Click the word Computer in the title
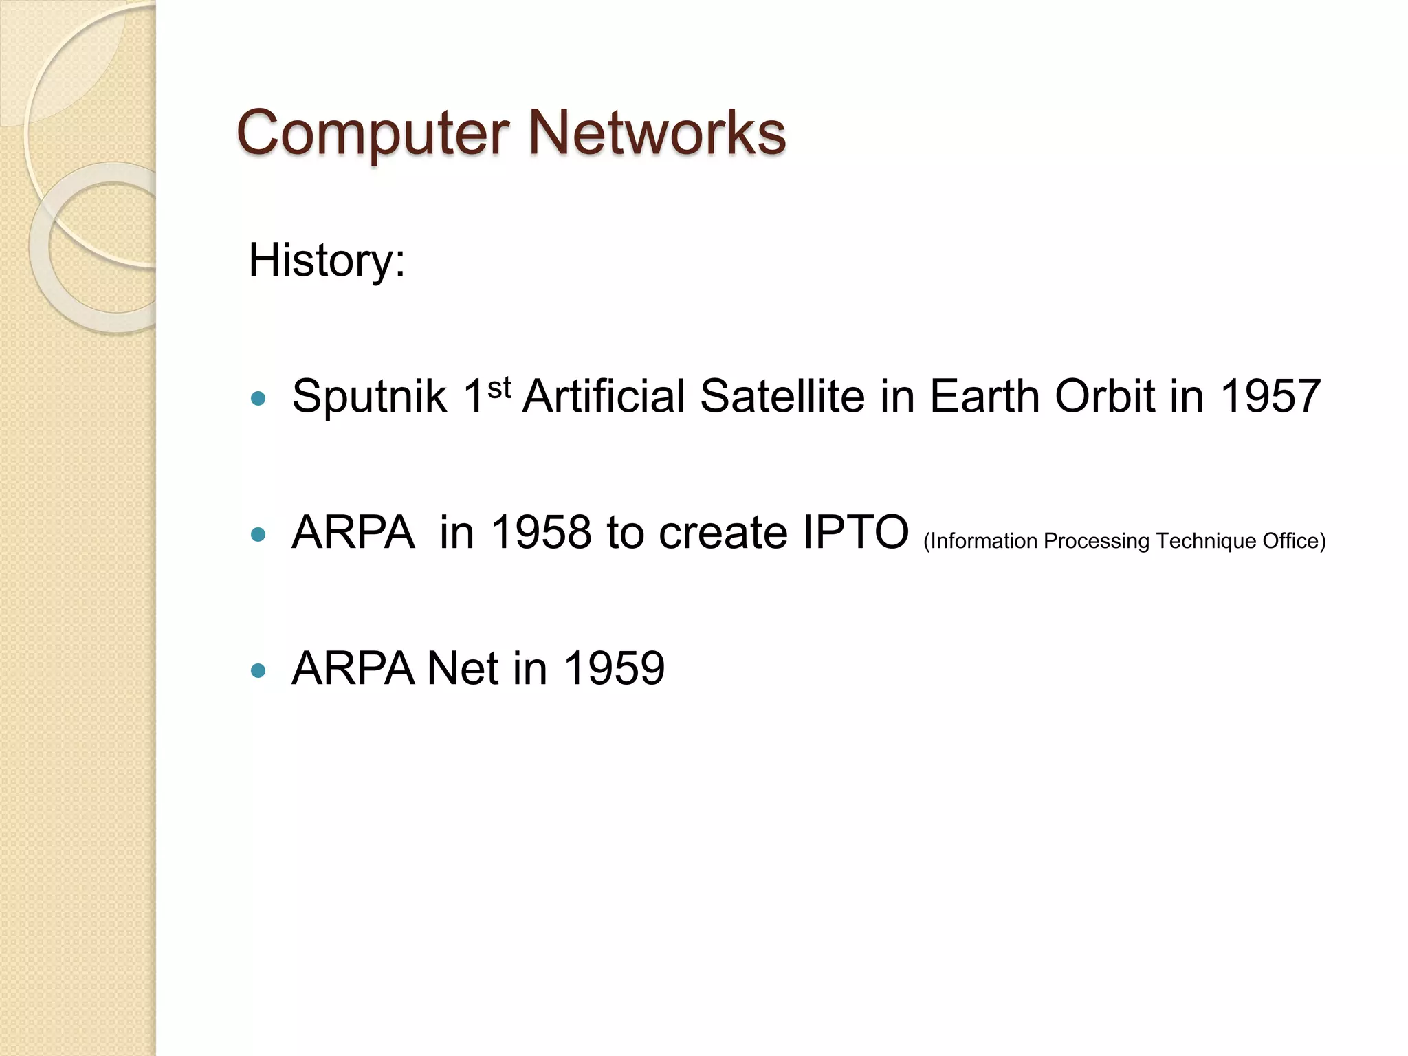coord(372,134)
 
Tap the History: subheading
coord(327,261)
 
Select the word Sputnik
coord(369,397)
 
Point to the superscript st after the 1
coord(499,388)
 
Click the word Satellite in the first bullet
coord(782,397)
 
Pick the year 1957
coord(1270,397)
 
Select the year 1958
coord(541,533)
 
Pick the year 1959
coord(613,668)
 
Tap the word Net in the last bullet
coord(461,668)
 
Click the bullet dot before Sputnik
coord(258,398)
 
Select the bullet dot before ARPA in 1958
coord(258,534)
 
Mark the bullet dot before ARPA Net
coord(258,670)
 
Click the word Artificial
coord(604,397)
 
